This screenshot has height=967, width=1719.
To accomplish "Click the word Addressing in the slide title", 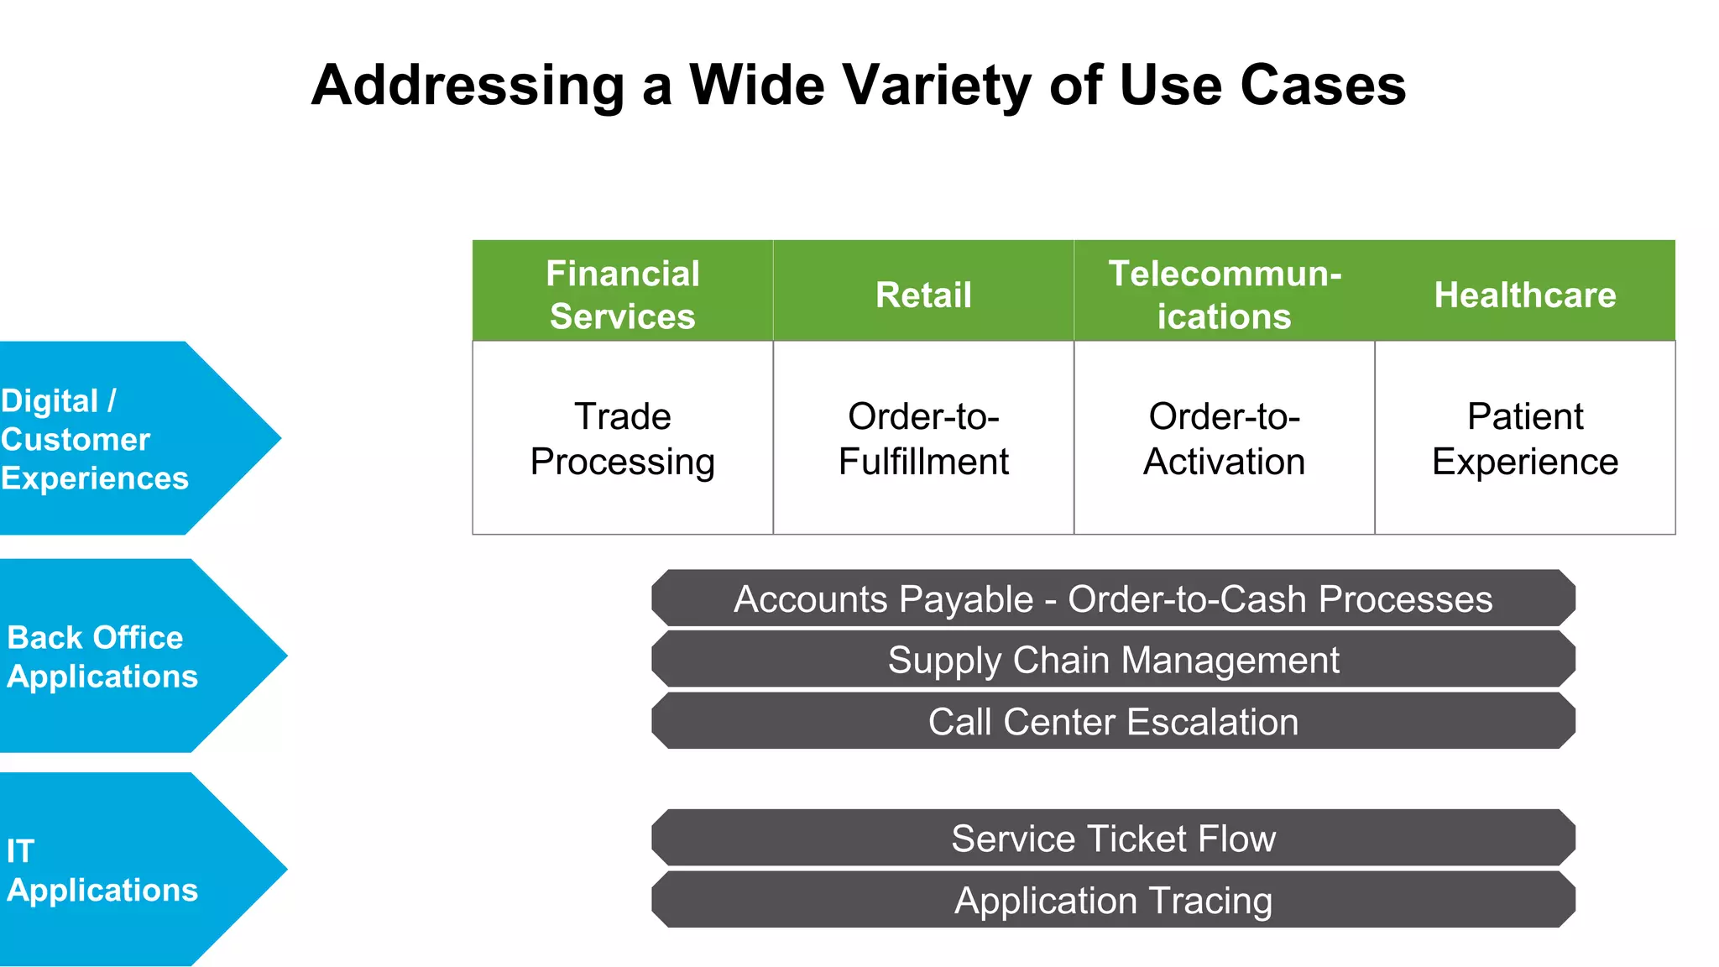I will (468, 86).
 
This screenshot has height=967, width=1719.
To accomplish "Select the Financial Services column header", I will (622, 294).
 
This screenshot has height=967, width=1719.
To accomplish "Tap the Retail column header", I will (923, 295).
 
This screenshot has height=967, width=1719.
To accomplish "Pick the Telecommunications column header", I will (1224, 294).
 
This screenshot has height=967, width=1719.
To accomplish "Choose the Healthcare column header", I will (1524, 295).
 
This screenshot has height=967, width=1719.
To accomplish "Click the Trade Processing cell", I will (622, 438).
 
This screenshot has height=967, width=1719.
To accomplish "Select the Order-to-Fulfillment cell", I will (923, 438).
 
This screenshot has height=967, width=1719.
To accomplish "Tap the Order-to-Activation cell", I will (1224, 438).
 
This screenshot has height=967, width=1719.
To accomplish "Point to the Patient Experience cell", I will (1524, 438).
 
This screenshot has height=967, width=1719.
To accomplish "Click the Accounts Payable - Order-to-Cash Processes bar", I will (1113, 598).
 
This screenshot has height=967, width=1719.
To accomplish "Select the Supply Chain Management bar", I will (1113, 660).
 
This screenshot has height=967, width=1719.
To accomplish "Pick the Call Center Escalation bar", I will (1113, 721).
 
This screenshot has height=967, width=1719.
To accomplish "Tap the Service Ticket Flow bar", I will (1113, 838).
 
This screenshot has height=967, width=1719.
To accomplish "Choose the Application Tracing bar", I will (1113, 900).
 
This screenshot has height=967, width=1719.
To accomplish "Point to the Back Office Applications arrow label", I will (102, 656).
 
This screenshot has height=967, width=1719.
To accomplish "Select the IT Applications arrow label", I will (102, 870).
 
